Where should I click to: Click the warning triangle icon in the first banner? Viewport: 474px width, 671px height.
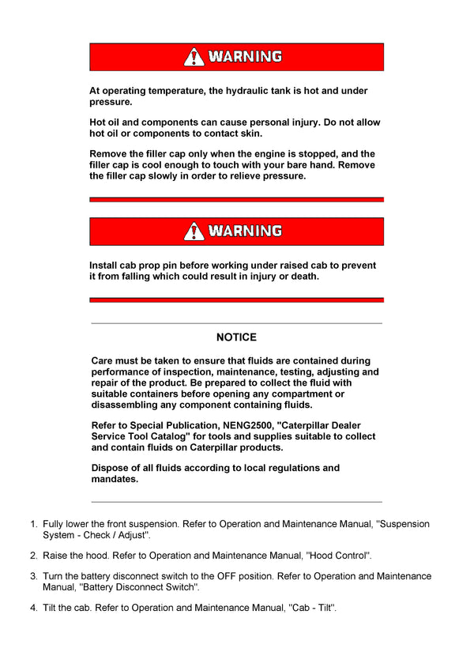[194, 57]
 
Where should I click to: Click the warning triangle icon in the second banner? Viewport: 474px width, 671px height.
[194, 232]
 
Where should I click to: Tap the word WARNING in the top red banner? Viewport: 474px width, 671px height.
[245, 57]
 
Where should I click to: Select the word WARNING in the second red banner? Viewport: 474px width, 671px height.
[245, 232]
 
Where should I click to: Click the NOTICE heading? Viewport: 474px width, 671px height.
[236, 337]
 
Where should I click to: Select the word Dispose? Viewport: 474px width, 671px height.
[110, 468]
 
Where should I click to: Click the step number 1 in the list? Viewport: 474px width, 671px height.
[33, 524]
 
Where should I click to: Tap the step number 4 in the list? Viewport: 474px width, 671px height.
[33, 608]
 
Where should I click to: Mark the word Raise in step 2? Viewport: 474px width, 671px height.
[56, 556]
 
